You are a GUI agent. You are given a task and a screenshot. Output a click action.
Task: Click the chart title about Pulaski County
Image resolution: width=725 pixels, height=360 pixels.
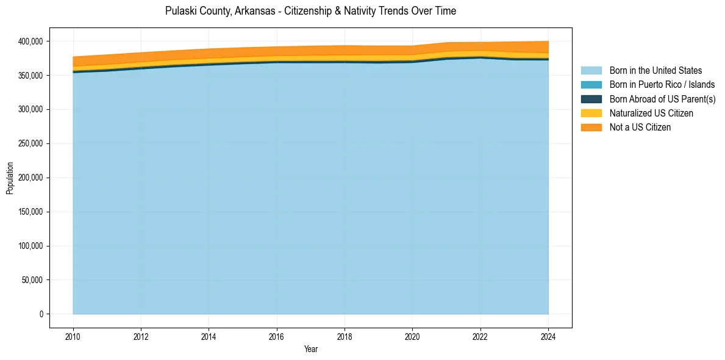click(x=310, y=11)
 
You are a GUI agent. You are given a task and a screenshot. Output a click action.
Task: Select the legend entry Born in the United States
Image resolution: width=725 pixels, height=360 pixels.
click(x=655, y=71)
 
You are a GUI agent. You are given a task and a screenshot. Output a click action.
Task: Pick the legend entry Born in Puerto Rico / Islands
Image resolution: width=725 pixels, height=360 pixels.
click(x=662, y=85)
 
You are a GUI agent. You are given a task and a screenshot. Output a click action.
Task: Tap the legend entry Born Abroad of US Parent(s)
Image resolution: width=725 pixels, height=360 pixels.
click(x=662, y=99)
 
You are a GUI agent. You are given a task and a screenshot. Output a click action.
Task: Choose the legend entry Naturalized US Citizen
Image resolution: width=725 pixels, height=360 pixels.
click(x=651, y=113)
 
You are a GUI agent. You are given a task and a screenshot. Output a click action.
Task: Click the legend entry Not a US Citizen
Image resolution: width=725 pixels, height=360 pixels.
click(x=640, y=127)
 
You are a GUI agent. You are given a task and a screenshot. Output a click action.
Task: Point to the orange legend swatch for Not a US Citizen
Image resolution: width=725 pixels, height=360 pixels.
click(x=591, y=127)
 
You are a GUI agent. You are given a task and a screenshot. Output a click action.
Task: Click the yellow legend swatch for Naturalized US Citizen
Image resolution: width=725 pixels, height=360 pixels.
click(x=591, y=113)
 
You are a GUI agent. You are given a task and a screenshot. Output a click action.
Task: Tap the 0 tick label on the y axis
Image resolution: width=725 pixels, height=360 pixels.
click(x=41, y=314)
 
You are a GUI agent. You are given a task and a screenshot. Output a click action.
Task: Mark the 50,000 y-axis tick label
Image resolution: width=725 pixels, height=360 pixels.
click(x=31, y=280)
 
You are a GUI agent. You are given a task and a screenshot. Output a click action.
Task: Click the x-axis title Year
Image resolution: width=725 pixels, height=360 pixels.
click(x=310, y=349)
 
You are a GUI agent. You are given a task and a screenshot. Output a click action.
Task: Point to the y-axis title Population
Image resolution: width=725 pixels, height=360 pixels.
click(x=10, y=178)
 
